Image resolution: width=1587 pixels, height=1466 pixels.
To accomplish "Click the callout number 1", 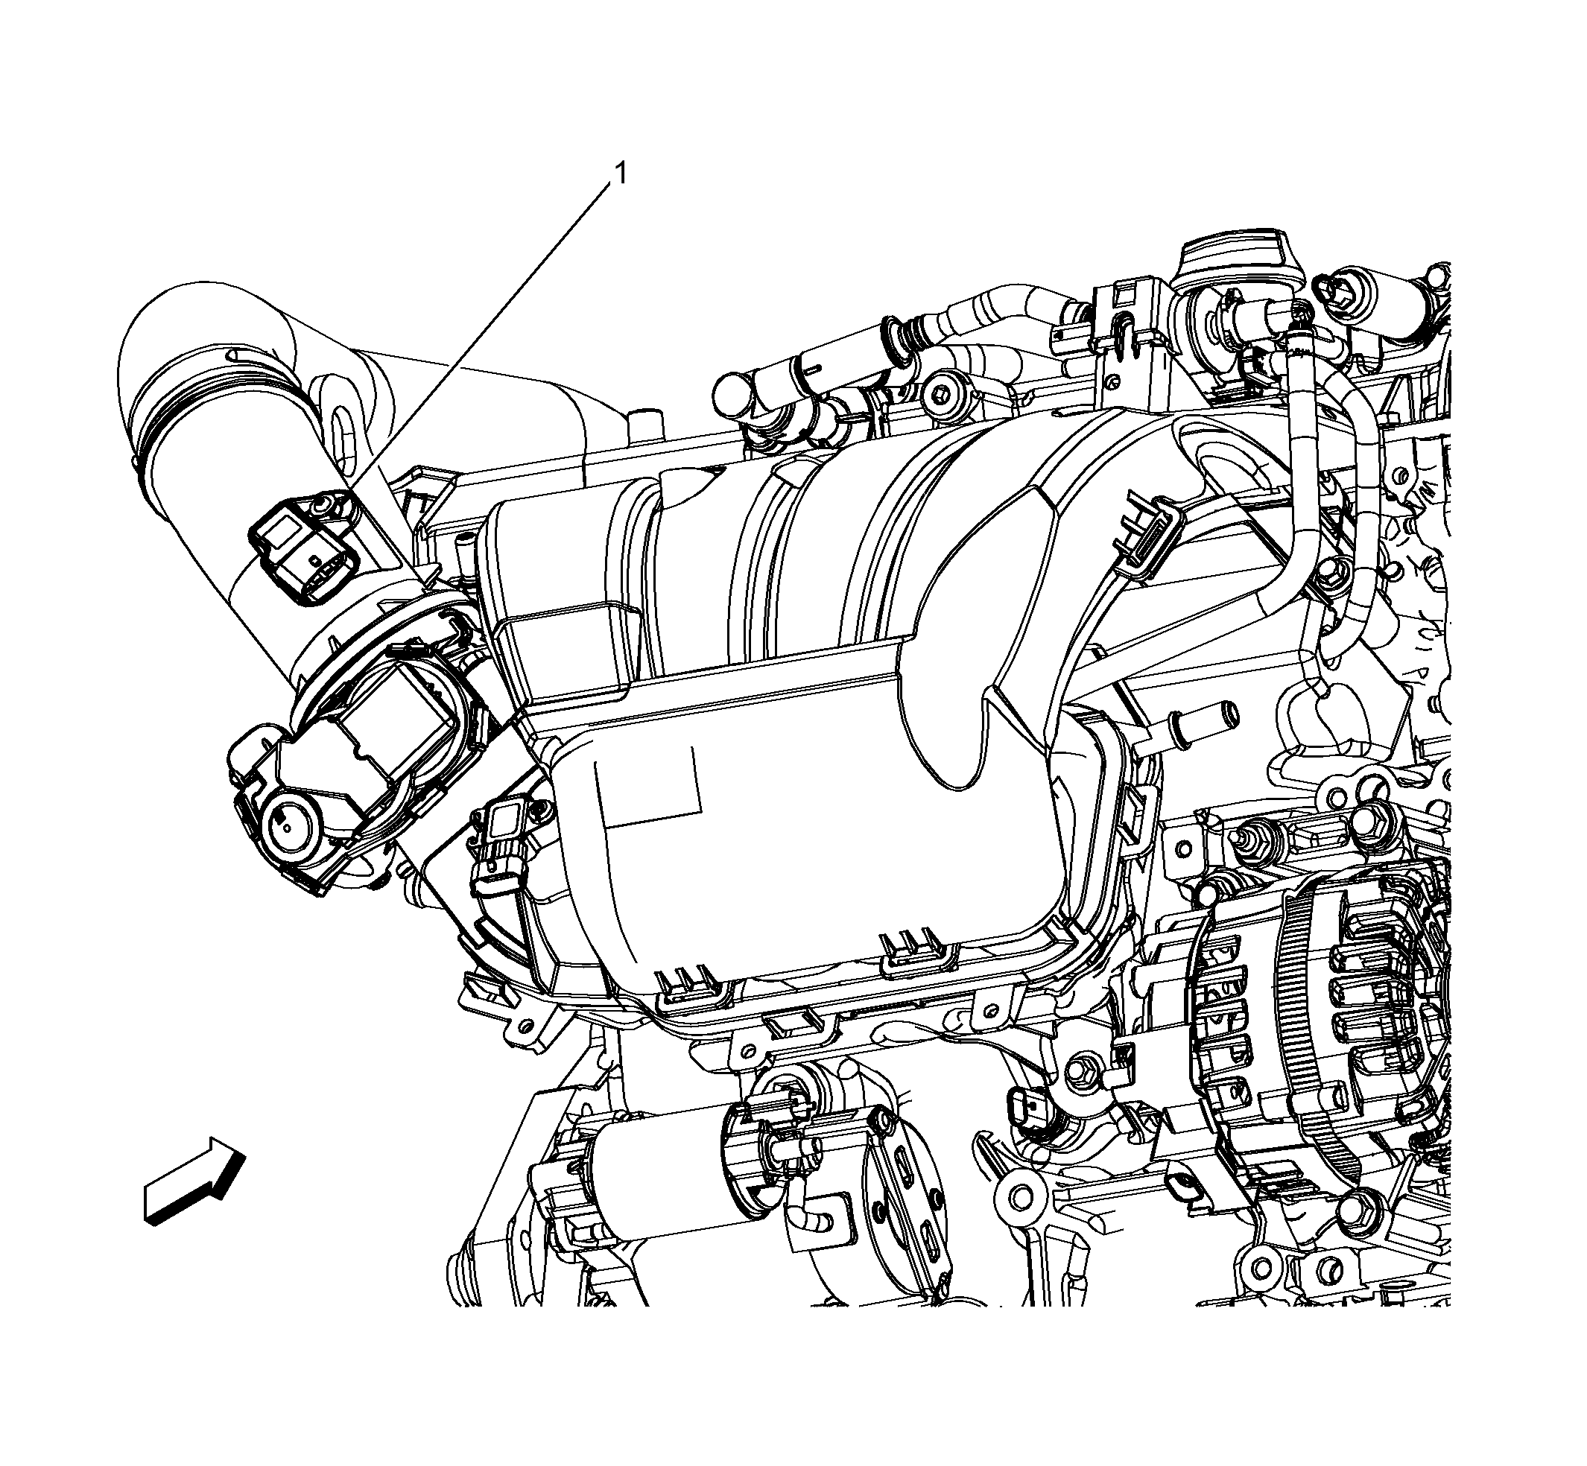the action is click(x=621, y=173).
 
